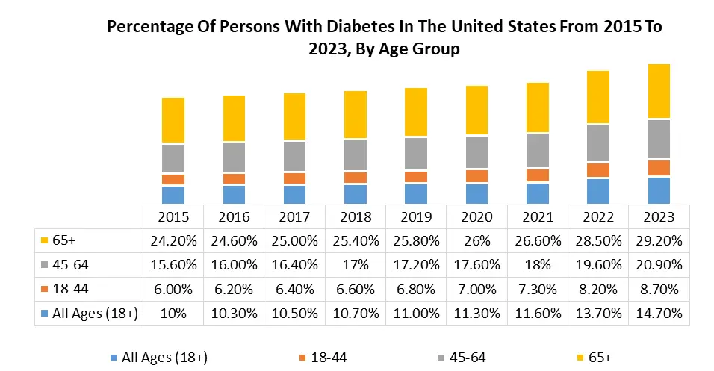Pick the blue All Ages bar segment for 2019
pyautogui.click(x=415, y=194)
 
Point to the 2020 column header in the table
pyautogui.click(x=476, y=217)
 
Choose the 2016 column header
pyautogui.click(x=233, y=217)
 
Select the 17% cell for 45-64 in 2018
pyautogui.click(x=355, y=265)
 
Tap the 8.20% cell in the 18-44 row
pyautogui.click(x=598, y=290)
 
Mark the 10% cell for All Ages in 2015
pyautogui.click(x=173, y=314)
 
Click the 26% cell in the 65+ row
pyautogui.click(x=476, y=241)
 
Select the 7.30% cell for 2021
pyautogui.click(x=538, y=290)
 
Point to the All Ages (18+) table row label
pyautogui.click(x=95, y=314)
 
